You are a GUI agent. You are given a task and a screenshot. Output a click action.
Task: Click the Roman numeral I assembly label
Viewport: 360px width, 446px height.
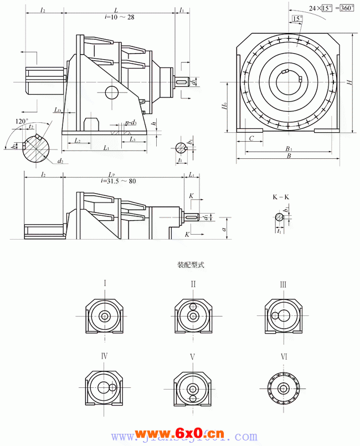click(105, 284)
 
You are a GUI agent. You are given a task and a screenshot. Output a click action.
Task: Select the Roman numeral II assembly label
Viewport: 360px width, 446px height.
click(193, 284)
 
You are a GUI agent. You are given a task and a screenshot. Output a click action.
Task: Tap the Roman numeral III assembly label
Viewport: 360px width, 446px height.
click(283, 284)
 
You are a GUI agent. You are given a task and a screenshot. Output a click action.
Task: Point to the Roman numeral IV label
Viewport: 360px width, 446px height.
click(104, 356)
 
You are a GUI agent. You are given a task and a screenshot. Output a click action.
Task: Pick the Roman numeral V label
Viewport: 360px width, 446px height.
click(193, 357)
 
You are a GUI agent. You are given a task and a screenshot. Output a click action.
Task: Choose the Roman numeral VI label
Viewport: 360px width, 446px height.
click(284, 357)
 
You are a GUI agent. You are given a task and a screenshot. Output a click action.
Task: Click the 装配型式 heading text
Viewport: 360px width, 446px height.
click(191, 265)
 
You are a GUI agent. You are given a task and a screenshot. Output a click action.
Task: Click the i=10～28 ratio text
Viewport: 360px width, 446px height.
click(119, 18)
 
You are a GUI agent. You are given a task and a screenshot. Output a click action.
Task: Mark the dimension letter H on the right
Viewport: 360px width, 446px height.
click(349, 82)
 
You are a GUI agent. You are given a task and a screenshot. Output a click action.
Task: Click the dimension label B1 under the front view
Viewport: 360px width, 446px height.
click(289, 148)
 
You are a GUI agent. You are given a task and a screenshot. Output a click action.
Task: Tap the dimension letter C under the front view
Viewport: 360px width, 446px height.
click(252, 138)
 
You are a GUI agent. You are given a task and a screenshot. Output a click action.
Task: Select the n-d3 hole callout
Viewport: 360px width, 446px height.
click(131, 122)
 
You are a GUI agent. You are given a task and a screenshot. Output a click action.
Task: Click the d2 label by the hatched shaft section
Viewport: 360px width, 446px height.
click(59, 161)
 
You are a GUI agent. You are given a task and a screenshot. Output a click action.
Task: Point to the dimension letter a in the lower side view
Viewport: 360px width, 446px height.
click(223, 228)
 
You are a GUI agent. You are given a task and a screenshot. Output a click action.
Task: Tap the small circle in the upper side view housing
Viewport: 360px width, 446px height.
click(111, 92)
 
